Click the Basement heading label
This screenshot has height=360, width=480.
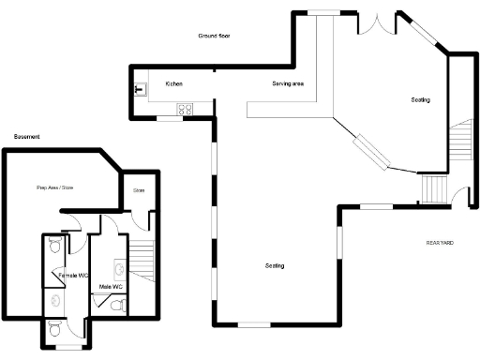point(27,137)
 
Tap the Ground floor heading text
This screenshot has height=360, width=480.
point(215,36)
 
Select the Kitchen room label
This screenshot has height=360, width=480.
point(174,84)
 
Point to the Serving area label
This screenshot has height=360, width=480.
point(288,84)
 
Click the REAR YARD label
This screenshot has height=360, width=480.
point(440,243)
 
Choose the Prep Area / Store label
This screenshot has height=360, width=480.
point(55,188)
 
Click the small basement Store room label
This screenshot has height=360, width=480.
point(139,191)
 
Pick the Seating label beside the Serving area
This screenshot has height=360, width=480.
point(420,99)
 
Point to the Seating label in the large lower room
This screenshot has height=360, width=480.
point(275,265)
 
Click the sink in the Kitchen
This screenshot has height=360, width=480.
point(140,90)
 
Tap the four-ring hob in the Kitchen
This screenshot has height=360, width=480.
point(186,109)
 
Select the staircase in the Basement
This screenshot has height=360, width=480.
point(141,256)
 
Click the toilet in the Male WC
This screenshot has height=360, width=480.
point(116,304)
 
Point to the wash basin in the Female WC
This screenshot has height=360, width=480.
point(57,301)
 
